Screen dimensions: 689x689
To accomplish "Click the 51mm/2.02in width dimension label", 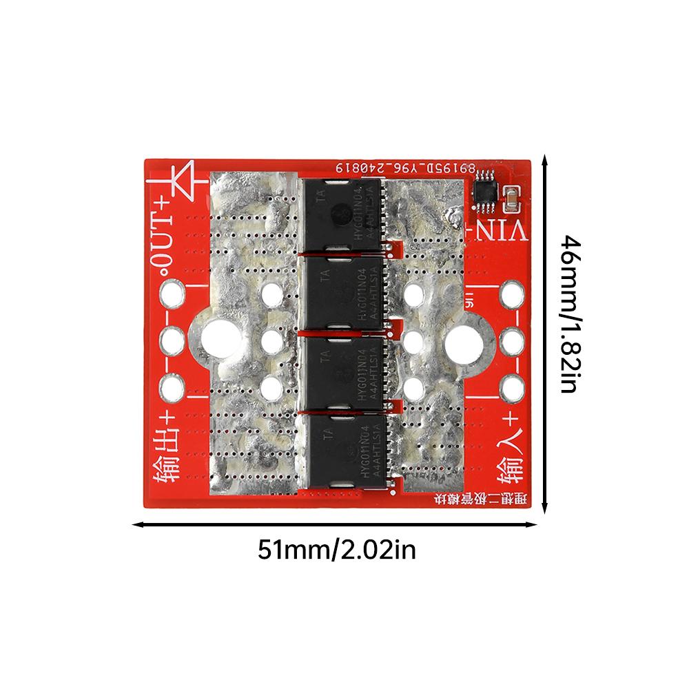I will pyautogui.click(x=337, y=550).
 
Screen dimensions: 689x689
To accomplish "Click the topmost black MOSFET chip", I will pyautogui.click(x=341, y=215).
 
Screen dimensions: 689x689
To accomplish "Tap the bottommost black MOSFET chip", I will pyautogui.click(x=341, y=451).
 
